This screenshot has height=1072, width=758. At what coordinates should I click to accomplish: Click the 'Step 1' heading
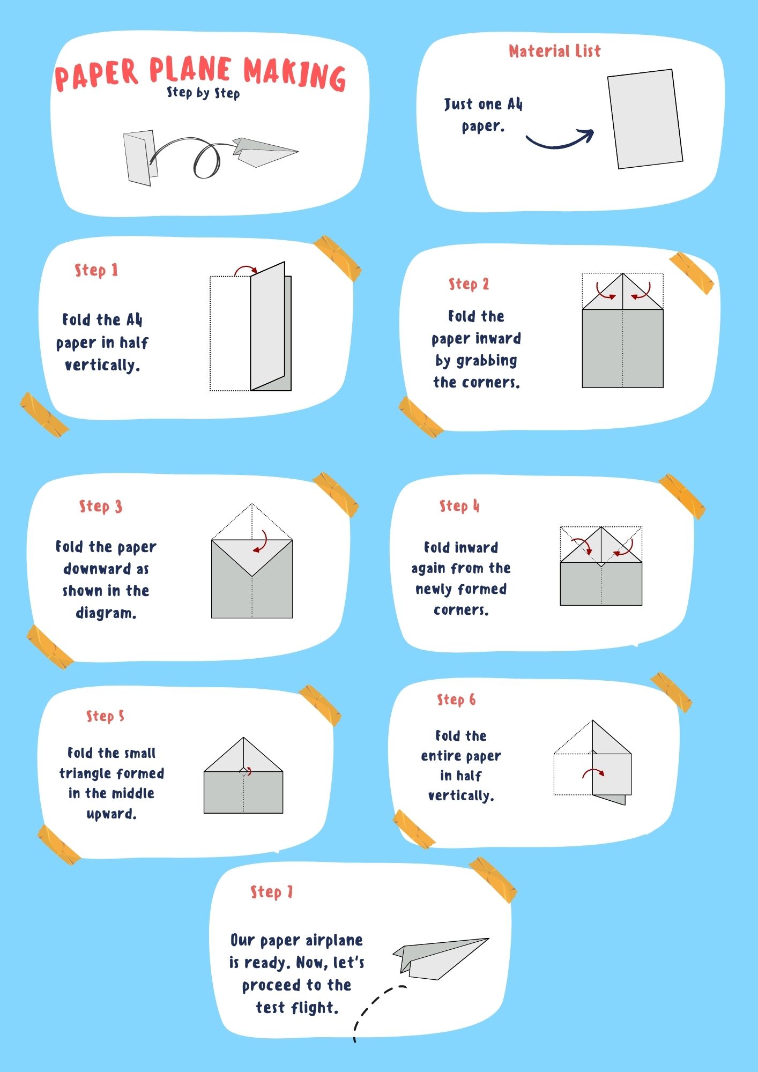tap(96, 270)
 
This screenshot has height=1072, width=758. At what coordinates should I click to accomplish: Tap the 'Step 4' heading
tap(459, 506)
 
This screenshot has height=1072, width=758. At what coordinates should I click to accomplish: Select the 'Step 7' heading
tap(272, 892)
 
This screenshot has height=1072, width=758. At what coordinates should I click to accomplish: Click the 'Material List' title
tap(555, 51)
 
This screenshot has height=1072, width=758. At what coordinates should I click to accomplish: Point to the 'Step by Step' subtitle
tap(203, 93)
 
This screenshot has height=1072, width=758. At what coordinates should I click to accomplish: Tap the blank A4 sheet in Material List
tap(645, 119)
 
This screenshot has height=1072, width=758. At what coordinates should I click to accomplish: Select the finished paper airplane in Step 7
tap(441, 958)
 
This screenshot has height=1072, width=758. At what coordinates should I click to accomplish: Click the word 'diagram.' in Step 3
tap(106, 613)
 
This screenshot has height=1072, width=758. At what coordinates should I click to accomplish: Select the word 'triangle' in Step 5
tap(112, 773)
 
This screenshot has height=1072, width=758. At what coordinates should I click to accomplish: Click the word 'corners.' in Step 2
tap(477, 382)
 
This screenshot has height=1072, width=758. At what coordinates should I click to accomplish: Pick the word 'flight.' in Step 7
tap(316, 1008)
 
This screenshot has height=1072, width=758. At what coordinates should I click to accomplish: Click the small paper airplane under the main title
tap(265, 152)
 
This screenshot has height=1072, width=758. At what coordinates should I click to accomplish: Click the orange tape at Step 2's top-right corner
tap(692, 273)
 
